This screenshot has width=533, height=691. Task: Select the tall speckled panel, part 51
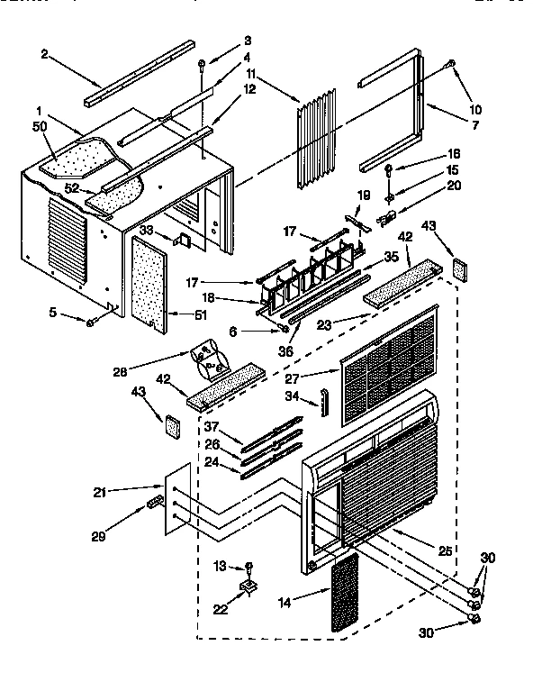[155, 279]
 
